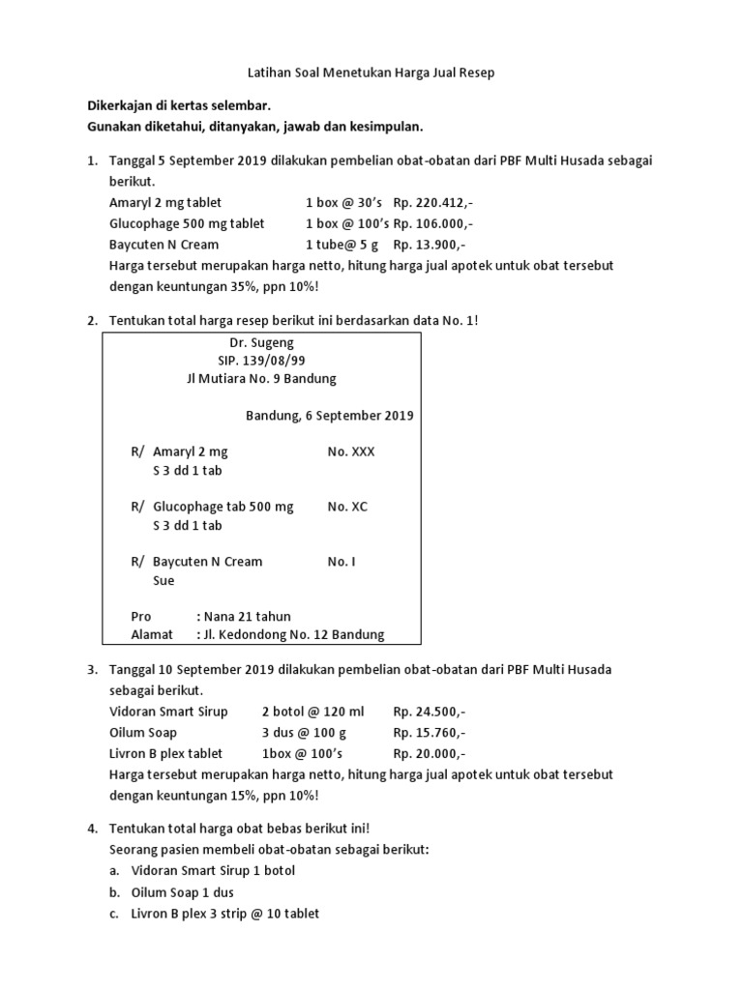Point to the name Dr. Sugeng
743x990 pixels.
pos(261,342)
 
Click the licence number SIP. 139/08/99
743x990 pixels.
pos(261,361)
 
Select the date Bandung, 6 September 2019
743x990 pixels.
pos(330,416)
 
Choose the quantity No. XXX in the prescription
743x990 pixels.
pos(351,451)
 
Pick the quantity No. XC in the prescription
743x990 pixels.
pos(347,507)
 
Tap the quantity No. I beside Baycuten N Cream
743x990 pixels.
pos(342,561)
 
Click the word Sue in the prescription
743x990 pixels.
pos(163,581)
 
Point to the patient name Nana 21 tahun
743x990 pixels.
pos(245,616)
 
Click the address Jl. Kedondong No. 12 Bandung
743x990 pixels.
pos(291,634)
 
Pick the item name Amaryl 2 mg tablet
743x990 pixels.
pos(165,202)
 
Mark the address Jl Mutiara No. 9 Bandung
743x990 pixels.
pos(261,379)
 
